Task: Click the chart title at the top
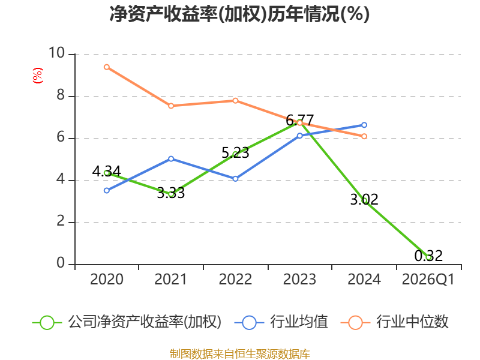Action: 239,14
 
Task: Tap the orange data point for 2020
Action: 107,67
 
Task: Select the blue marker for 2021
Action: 171,159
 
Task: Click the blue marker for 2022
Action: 235,179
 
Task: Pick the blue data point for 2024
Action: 364,125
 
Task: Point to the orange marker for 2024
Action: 364,136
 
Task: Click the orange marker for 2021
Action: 171,106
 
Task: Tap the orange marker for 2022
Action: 235,101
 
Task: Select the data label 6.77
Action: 299,120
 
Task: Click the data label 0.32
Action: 428,256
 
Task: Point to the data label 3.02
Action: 364,200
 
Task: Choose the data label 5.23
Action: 235,153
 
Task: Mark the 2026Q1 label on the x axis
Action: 428,280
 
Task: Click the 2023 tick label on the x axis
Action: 299,280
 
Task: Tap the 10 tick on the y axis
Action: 56,53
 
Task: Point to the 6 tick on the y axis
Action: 61,137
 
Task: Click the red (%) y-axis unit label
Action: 38,76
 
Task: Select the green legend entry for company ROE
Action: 127,322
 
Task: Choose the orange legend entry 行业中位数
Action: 395,322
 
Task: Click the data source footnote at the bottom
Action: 240,354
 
